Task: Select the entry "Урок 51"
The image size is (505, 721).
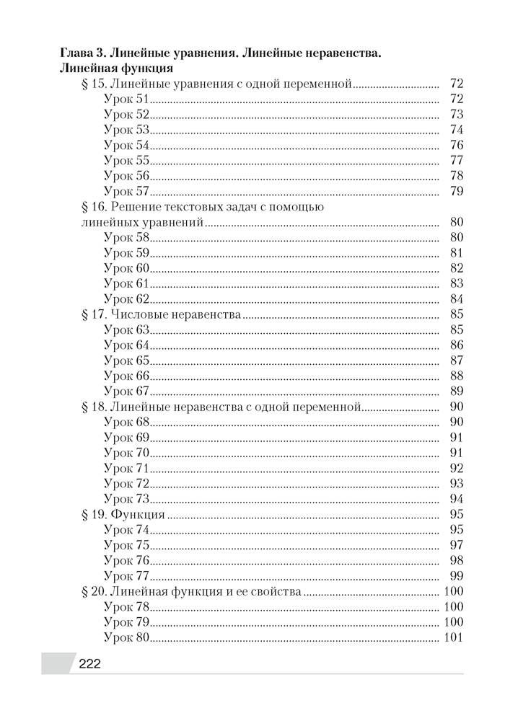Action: coord(126,99)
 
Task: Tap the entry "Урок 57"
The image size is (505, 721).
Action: coord(126,192)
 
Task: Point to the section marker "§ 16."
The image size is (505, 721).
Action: coord(97,207)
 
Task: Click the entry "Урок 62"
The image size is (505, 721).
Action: coord(126,298)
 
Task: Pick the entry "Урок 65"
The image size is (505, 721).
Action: coord(126,360)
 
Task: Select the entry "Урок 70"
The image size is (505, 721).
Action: coord(126,454)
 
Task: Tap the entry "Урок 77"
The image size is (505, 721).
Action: coord(126,576)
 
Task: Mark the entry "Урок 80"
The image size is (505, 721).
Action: coord(126,638)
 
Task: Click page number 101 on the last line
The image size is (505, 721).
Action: coord(452,638)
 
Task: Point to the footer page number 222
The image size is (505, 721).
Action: coord(89,665)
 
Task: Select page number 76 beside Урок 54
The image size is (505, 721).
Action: coord(456,146)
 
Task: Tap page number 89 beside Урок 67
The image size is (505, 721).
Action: coord(456,392)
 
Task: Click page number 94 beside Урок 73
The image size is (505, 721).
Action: coord(456,499)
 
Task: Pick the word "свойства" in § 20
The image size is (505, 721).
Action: coord(276,592)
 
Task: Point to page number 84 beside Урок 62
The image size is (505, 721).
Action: coord(456,298)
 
